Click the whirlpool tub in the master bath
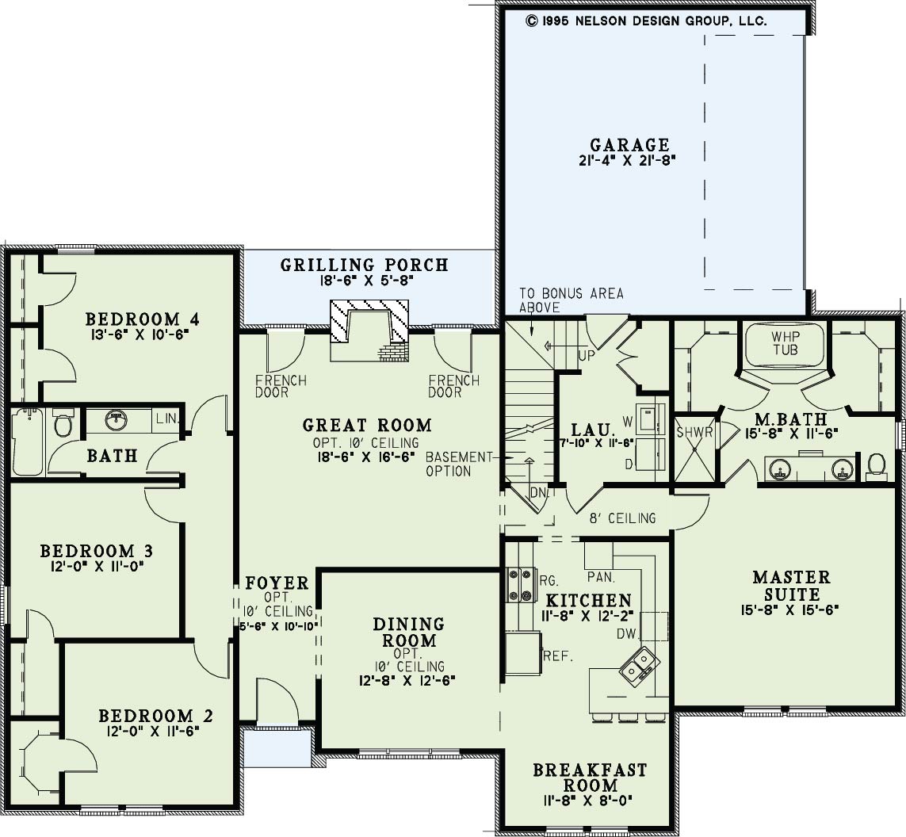click(x=785, y=344)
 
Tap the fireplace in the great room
click(x=369, y=331)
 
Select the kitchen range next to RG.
click(x=519, y=585)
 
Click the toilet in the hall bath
click(x=63, y=422)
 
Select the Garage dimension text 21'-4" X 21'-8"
click(x=628, y=161)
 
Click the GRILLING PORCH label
click(x=365, y=266)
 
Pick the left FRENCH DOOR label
click(x=281, y=387)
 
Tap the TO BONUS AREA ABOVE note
click(x=572, y=300)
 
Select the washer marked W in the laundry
click(x=650, y=418)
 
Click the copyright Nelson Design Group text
click(x=646, y=21)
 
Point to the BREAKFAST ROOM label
click(x=590, y=778)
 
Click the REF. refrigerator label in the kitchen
click(x=558, y=656)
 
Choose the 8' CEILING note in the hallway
click(x=622, y=518)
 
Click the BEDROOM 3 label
click(x=97, y=551)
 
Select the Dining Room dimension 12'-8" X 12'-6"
click(x=407, y=681)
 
